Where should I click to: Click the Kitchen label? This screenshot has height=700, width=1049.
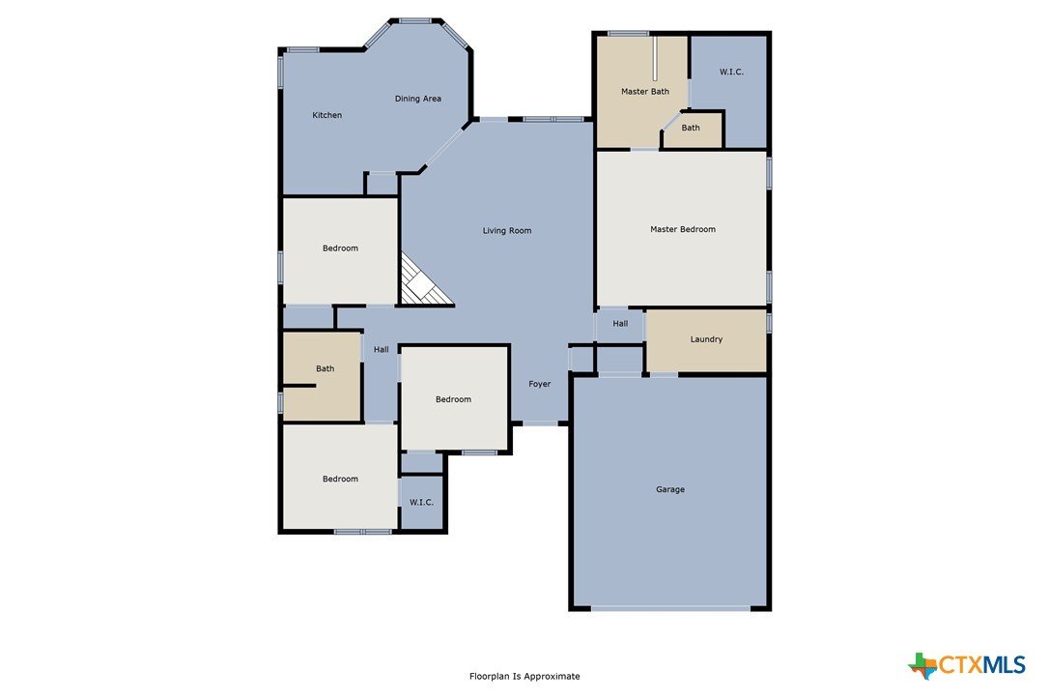pyautogui.click(x=327, y=115)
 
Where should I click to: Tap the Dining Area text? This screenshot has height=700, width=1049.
pyautogui.click(x=417, y=99)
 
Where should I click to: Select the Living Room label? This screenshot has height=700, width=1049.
pyautogui.click(x=507, y=230)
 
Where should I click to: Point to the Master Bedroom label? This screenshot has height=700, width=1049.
pyautogui.click(x=682, y=229)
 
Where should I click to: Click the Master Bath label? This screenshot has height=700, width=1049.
pyautogui.click(x=645, y=91)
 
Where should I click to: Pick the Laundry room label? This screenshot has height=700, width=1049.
pyautogui.click(x=706, y=339)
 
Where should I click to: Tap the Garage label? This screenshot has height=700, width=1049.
pyautogui.click(x=670, y=489)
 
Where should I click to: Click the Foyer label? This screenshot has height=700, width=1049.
pyautogui.click(x=539, y=384)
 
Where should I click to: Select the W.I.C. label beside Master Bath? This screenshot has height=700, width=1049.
pyautogui.click(x=731, y=72)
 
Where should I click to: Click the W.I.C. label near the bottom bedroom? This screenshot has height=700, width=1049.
pyautogui.click(x=421, y=503)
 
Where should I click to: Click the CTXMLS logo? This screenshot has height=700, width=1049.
pyautogui.click(x=967, y=665)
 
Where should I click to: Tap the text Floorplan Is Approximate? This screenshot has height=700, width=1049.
pyautogui.click(x=524, y=677)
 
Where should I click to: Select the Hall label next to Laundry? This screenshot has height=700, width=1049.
pyautogui.click(x=620, y=324)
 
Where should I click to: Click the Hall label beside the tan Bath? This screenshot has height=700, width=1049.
pyautogui.click(x=382, y=350)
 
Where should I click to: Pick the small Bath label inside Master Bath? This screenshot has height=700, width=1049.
pyautogui.click(x=691, y=128)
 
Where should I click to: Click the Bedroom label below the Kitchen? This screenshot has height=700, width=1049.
pyautogui.click(x=340, y=248)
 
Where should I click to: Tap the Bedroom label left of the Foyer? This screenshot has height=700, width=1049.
pyautogui.click(x=453, y=400)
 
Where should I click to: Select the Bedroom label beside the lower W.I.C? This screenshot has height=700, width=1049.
pyautogui.click(x=340, y=479)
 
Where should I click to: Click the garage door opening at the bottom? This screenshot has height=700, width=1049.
pyautogui.click(x=670, y=608)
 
